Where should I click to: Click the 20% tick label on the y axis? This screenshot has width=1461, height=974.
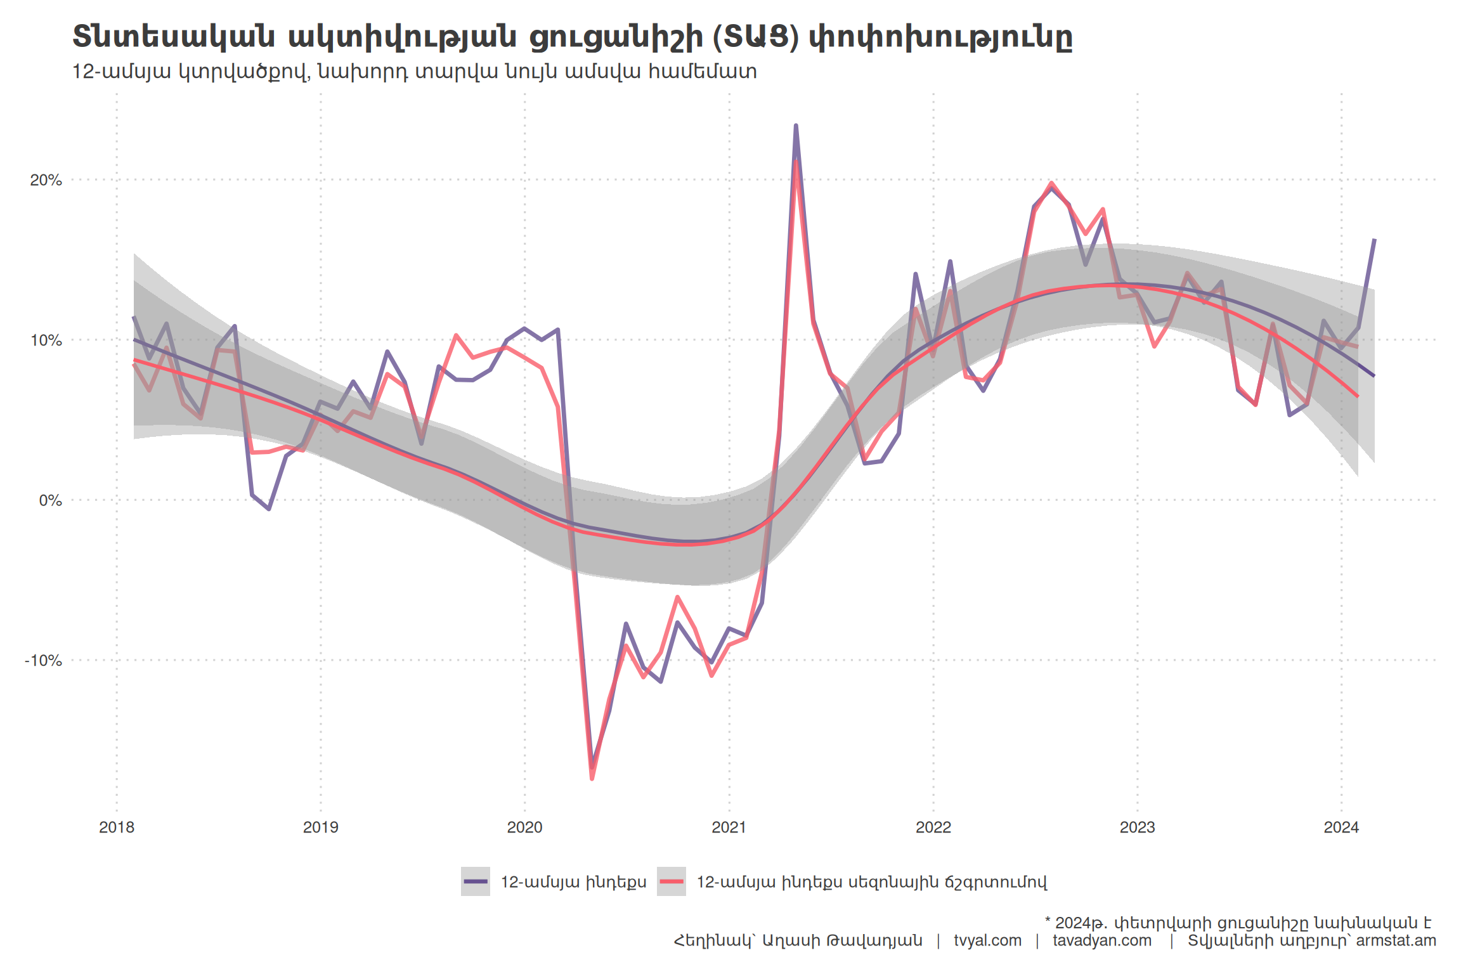click(x=46, y=180)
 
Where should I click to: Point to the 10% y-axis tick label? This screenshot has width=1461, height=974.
click(x=46, y=341)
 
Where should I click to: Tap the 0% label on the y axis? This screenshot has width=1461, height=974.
click(x=50, y=500)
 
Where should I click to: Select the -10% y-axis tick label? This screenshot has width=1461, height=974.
click(x=43, y=661)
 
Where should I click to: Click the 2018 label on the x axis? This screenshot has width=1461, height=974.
click(x=117, y=827)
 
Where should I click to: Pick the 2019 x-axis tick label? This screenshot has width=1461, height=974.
click(x=321, y=827)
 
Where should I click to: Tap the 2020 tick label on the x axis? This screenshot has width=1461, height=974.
click(x=525, y=827)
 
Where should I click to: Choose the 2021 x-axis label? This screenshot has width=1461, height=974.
click(x=729, y=827)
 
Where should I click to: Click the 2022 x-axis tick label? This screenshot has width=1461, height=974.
click(x=933, y=827)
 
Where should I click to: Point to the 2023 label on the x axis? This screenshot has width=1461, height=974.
click(x=1138, y=827)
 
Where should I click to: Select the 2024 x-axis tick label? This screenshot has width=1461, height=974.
click(x=1342, y=827)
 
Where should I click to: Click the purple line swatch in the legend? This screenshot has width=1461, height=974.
click(x=476, y=881)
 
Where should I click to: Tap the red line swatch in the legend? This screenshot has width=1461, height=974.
click(x=672, y=881)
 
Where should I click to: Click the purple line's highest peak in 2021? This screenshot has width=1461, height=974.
click(x=796, y=126)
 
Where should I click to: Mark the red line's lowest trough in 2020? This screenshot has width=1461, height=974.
click(x=592, y=779)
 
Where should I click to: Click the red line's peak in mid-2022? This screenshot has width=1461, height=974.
click(x=1052, y=183)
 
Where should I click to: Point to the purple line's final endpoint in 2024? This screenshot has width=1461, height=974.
click(x=1374, y=240)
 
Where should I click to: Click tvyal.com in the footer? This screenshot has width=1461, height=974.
click(x=987, y=940)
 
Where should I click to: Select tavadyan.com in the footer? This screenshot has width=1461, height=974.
click(x=1102, y=940)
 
